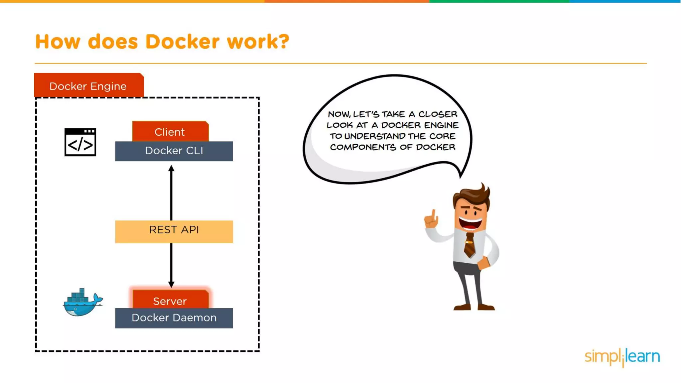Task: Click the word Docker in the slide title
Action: pos(182,42)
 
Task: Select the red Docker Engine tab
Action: pos(88,86)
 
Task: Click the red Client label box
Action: pos(170,132)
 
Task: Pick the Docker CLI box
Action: pos(174,151)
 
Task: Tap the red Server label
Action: pos(170,300)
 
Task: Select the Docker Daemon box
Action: pos(174,318)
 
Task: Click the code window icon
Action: pos(80,142)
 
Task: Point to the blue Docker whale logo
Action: pos(82,303)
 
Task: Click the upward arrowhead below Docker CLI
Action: pos(171,168)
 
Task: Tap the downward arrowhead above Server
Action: pos(171,284)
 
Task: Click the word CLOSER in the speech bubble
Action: pos(438,114)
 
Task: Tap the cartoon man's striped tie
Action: pos(470,245)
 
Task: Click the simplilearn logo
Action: pos(622,357)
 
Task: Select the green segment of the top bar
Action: pos(499,1)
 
